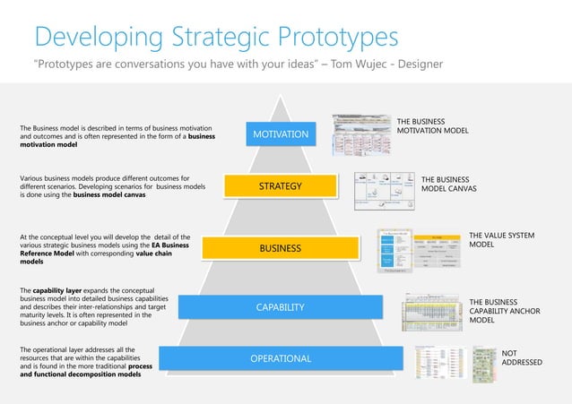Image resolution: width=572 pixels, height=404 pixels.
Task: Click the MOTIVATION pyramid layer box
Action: click(x=281, y=134)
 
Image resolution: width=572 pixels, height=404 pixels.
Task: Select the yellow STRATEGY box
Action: click(x=280, y=186)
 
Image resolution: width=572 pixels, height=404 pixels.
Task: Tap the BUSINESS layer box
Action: click(x=280, y=247)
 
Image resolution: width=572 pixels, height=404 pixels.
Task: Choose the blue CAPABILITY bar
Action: click(x=280, y=307)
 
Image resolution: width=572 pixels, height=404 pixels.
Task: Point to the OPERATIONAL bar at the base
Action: click(x=280, y=359)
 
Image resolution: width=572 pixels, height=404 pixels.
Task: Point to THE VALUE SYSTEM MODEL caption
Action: click(x=501, y=239)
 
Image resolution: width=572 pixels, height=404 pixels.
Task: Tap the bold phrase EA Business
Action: click(x=162, y=245)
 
